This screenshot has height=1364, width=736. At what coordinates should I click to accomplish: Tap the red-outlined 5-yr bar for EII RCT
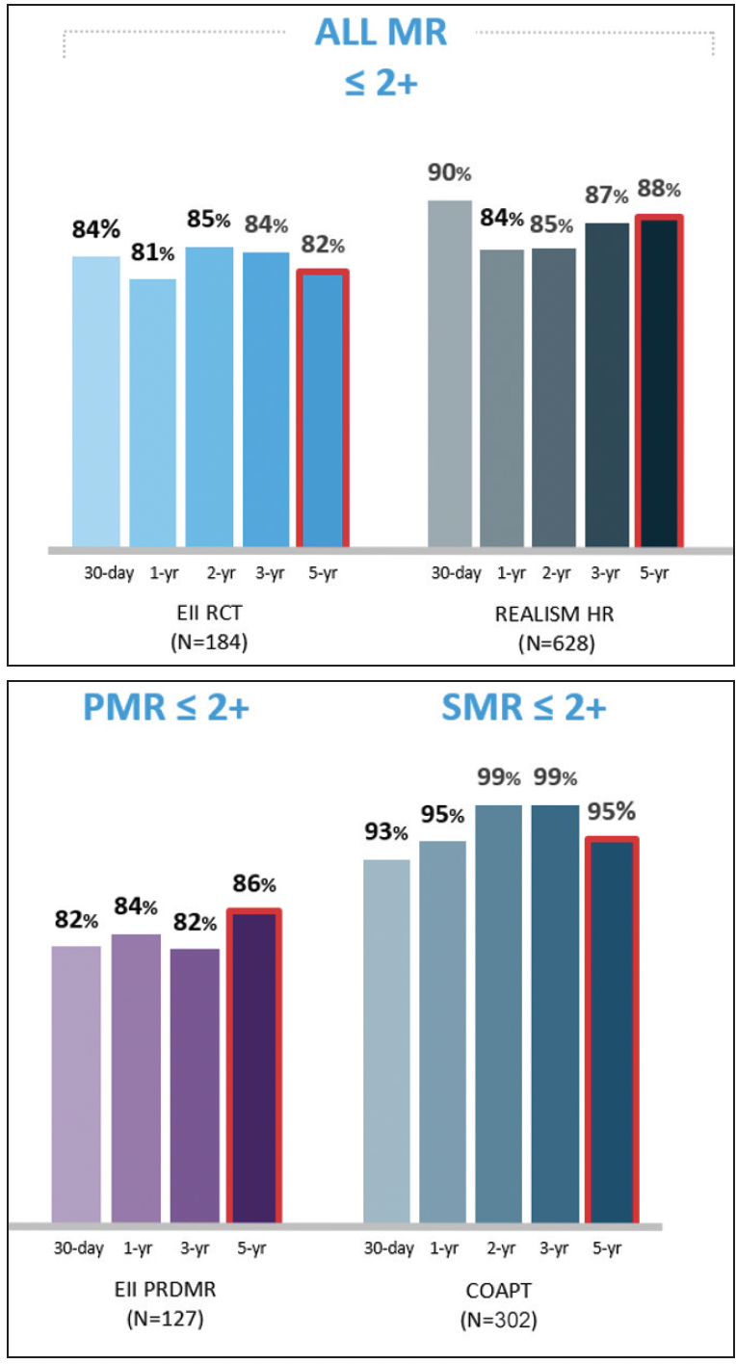point(322,409)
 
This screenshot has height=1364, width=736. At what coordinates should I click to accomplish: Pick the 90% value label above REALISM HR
point(450,174)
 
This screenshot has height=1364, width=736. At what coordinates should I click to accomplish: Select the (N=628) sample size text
point(555,643)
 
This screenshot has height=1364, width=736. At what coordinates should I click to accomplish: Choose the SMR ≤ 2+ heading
point(523,709)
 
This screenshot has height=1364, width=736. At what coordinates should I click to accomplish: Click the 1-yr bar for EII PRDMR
point(136,1079)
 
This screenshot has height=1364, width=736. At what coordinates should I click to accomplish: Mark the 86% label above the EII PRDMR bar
point(254,883)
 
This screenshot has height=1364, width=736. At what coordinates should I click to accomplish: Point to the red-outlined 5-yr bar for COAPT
point(611,1031)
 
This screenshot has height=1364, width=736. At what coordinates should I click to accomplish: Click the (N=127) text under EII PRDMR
point(165,1318)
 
